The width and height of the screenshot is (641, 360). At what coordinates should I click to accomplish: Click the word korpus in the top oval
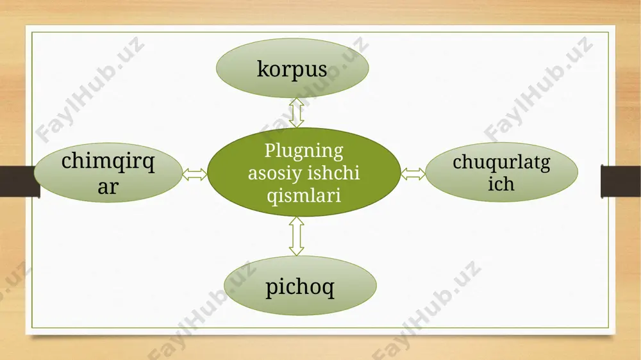292,69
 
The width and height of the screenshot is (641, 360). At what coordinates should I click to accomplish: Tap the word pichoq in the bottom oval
299,287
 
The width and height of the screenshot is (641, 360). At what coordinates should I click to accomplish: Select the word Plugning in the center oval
304,151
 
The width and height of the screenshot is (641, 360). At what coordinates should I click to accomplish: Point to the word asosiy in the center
274,173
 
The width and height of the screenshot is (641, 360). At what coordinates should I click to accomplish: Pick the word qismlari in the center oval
304,195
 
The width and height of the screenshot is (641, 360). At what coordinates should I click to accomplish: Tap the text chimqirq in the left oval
108,161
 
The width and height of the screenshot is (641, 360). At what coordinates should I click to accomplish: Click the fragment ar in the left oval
108,187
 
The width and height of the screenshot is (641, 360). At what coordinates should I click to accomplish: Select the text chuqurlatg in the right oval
501,162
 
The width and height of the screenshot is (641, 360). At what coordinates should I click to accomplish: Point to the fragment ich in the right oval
501,184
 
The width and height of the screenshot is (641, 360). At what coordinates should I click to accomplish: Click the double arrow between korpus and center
296,113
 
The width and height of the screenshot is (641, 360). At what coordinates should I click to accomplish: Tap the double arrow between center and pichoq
296,236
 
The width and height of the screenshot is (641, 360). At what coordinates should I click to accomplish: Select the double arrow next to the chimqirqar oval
195,174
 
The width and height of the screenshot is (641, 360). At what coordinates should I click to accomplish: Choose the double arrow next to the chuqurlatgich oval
413,174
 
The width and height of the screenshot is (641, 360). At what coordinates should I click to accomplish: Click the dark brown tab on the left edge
19,181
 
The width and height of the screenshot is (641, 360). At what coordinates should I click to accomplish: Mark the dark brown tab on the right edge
620,181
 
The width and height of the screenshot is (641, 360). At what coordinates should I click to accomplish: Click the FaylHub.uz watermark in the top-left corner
90,90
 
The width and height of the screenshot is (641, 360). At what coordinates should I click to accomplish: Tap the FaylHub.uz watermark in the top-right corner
538,89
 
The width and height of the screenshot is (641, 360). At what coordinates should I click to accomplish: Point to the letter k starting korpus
263,69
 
